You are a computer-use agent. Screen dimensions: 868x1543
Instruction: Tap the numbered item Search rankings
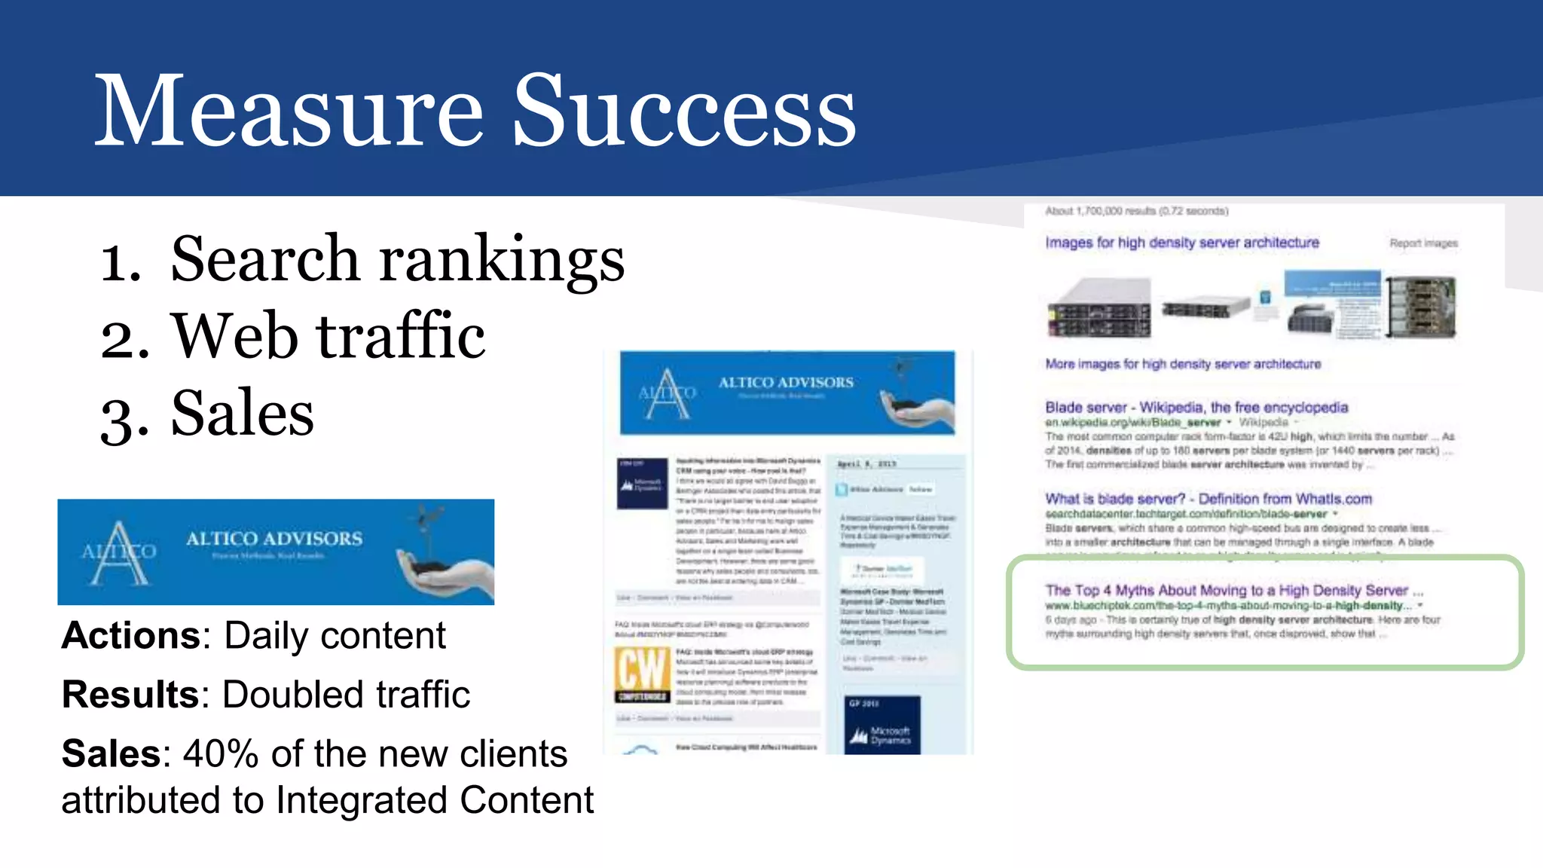point(397,259)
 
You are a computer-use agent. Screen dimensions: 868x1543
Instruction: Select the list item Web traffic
point(328,337)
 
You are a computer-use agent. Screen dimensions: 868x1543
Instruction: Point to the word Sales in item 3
point(242,414)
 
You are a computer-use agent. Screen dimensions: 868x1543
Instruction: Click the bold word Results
point(130,695)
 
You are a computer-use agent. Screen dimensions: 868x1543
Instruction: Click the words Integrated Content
point(435,800)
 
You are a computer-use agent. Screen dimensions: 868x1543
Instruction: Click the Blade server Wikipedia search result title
point(1196,408)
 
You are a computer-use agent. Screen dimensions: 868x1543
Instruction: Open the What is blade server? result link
point(1208,499)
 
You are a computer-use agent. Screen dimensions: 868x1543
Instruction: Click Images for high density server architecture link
point(1181,243)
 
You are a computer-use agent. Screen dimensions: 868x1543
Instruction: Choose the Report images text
point(1423,243)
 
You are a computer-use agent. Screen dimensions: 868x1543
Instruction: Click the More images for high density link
point(1183,364)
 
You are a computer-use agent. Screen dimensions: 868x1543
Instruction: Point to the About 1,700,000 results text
point(1136,211)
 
